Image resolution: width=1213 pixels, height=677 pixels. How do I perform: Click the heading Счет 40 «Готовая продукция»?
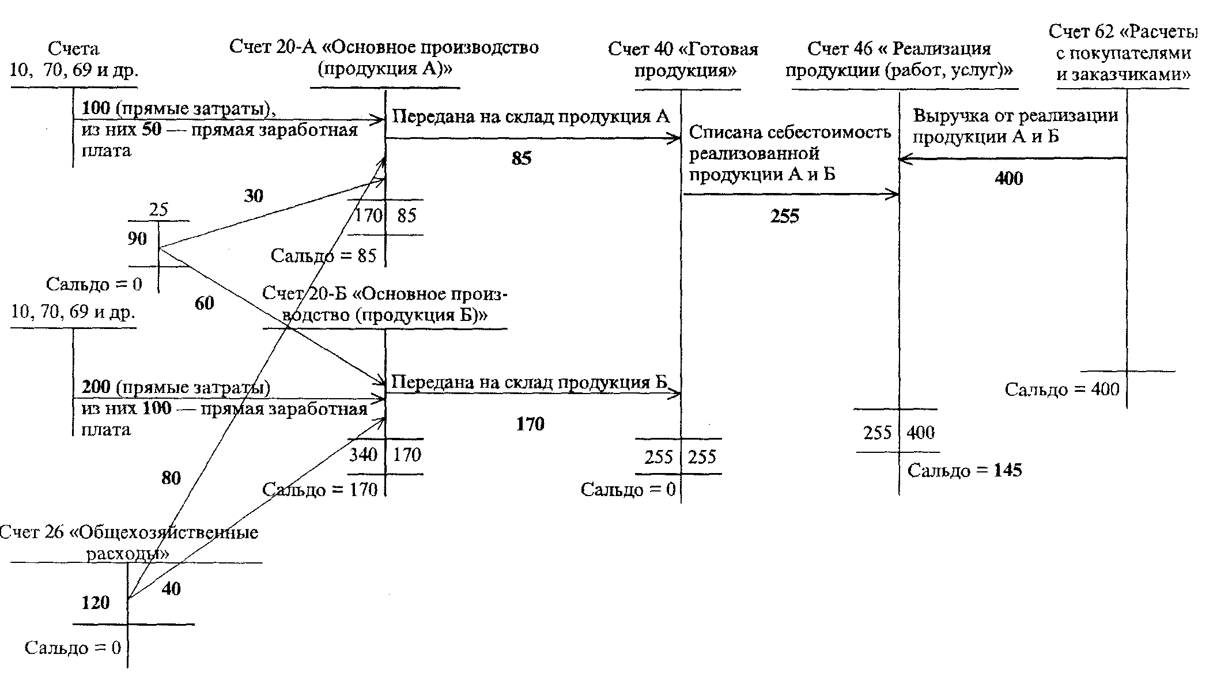pyautogui.click(x=683, y=59)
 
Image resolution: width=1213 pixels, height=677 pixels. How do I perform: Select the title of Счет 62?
pyautogui.click(x=1123, y=52)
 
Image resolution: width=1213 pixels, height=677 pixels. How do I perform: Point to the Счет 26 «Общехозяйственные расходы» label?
pyautogui.click(x=129, y=543)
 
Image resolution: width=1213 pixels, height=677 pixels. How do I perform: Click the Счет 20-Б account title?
pyautogui.click(x=385, y=305)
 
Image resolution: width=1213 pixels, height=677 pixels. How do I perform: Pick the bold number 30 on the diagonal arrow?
pyautogui.click(x=254, y=196)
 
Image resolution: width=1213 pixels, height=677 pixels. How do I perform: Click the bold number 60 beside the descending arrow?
pyautogui.click(x=205, y=303)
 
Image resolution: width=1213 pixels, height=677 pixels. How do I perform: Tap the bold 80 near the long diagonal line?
pyautogui.click(x=171, y=478)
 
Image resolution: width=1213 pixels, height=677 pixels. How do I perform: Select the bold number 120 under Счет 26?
pyautogui.click(x=96, y=603)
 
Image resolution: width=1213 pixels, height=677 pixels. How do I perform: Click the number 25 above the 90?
pyautogui.click(x=158, y=210)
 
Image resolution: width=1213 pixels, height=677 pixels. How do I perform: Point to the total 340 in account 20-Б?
pyautogui.click(x=363, y=455)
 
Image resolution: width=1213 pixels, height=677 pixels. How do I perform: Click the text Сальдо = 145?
pyautogui.click(x=965, y=471)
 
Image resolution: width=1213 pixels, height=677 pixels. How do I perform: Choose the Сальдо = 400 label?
pyautogui.click(x=1062, y=390)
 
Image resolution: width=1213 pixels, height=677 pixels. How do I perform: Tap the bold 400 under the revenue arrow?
pyautogui.click(x=1009, y=179)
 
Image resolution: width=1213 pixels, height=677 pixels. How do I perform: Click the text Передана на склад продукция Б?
pyautogui.click(x=529, y=383)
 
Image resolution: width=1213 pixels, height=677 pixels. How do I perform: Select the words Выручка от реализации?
pyautogui.click(x=1015, y=116)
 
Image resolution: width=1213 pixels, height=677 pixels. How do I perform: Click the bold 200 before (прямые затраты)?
pyautogui.click(x=96, y=387)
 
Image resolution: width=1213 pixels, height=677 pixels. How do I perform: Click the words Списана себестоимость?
pyautogui.click(x=790, y=133)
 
